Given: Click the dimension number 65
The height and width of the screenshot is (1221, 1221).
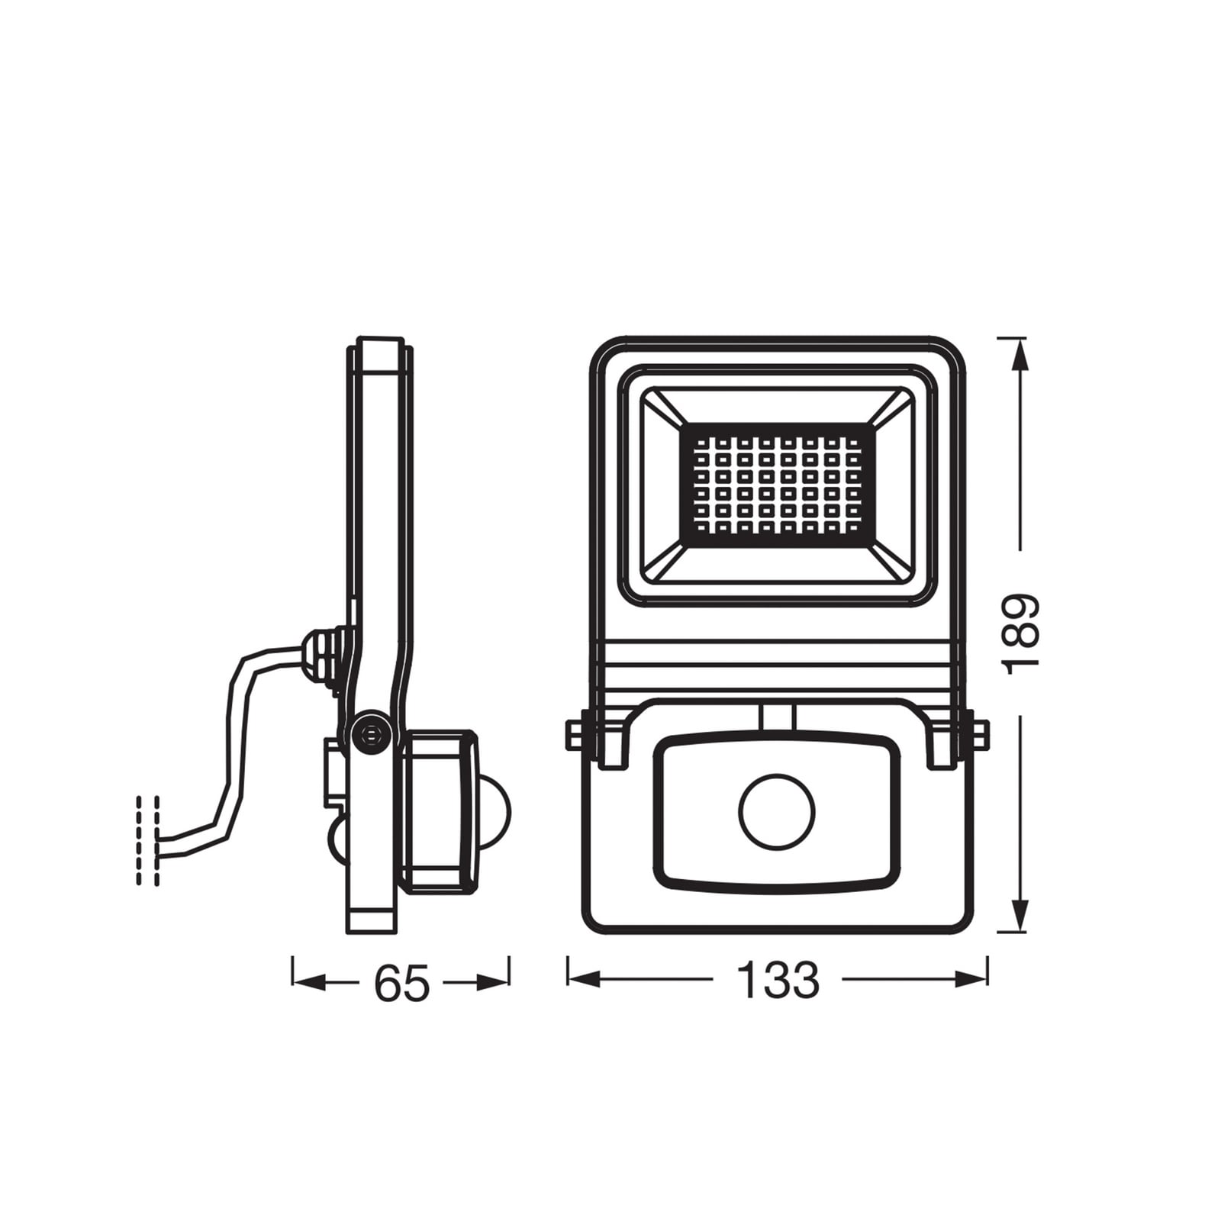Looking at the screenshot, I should (402, 983).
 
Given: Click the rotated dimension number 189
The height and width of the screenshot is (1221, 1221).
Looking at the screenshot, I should (1021, 634).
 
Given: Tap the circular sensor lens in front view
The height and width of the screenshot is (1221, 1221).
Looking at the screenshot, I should (777, 811).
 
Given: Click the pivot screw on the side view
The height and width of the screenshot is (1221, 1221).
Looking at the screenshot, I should (371, 733).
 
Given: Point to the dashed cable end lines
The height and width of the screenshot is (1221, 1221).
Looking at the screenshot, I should (148, 840).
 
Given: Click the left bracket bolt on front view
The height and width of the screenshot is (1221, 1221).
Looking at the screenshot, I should (574, 735).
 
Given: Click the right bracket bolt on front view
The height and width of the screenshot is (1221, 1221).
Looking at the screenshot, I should (980, 735).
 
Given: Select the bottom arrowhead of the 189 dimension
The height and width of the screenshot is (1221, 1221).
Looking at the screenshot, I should (1021, 916).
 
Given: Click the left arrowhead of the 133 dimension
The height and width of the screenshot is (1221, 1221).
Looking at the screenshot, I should (584, 980).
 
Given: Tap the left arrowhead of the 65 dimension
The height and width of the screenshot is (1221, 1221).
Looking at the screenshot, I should (308, 983).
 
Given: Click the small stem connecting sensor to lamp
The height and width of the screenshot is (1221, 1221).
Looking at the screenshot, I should (778, 717).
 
